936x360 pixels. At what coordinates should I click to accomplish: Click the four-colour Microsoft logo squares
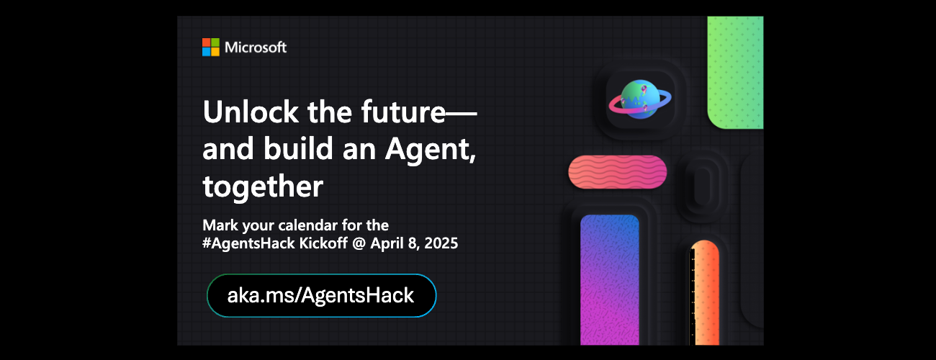point(210,48)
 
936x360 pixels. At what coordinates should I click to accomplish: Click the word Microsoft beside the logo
point(256,48)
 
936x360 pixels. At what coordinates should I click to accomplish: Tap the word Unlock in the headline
point(251,112)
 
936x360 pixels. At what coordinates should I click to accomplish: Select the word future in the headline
point(403,112)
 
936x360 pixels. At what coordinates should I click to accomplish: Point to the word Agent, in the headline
point(431,150)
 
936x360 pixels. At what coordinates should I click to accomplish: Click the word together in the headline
point(263,186)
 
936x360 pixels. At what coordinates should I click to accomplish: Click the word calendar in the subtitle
point(308,225)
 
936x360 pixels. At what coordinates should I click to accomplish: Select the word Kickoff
point(323,243)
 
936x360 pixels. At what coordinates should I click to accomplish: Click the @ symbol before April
point(359,243)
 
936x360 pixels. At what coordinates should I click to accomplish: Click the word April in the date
point(387,244)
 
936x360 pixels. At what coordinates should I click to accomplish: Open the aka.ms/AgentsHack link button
point(321,296)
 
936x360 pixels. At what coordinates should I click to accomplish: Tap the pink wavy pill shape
point(617,172)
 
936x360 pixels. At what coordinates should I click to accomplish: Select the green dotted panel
point(735,72)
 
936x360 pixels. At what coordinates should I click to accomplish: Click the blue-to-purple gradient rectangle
point(610,280)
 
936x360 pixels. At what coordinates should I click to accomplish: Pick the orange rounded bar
point(704,293)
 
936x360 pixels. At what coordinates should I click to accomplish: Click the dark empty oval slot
point(703,186)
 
